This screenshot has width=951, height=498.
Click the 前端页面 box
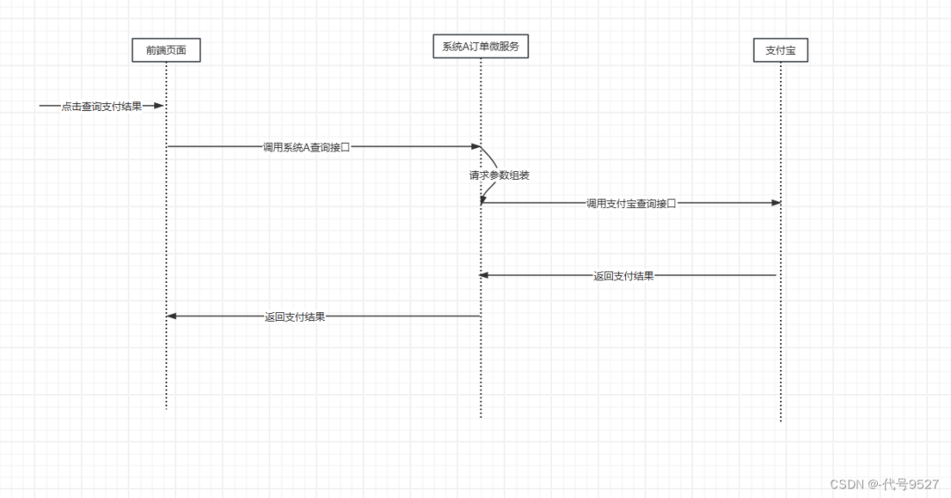tap(166, 51)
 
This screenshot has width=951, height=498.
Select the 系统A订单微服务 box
tap(481, 47)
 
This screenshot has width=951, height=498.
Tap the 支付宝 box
tap(781, 51)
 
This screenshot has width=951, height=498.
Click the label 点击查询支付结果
tap(101, 107)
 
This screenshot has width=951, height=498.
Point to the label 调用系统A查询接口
tap(306, 147)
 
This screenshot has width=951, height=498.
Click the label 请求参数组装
tap(498, 175)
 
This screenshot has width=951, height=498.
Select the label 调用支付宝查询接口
tap(630, 204)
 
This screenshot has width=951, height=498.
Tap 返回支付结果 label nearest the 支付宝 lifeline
tap(623, 276)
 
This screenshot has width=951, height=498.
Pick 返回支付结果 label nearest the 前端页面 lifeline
tap(295, 316)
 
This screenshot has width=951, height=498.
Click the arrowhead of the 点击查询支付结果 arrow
tap(159, 106)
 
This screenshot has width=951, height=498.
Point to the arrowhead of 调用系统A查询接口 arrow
tap(475, 146)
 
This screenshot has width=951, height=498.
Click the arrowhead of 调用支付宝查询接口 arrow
tap(776, 203)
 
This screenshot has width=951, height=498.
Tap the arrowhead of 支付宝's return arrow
tap(484, 275)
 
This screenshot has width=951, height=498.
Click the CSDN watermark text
tap(844, 484)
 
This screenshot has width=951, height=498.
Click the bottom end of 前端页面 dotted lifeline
tap(166, 408)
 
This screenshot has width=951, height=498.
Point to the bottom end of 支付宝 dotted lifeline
tap(781, 420)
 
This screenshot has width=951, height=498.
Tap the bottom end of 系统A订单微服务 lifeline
tap(481, 416)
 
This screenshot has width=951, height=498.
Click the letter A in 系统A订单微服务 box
tap(467, 47)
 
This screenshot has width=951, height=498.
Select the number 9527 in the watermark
tap(924, 484)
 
